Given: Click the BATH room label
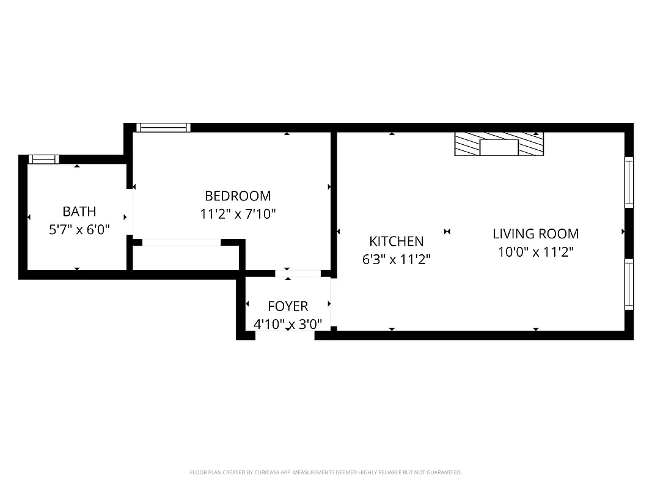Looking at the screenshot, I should [x=79, y=211].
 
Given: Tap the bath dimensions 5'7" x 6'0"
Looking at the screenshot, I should [x=79, y=230].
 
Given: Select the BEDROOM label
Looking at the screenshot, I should [x=238, y=196].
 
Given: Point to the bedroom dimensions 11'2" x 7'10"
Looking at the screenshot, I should [x=238, y=214].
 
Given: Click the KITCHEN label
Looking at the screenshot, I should [x=396, y=241].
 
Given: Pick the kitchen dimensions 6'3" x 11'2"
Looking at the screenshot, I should [x=397, y=259].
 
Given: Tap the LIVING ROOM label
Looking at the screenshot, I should [x=535, y=233].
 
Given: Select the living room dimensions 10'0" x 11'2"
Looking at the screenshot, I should [x=535, y=251].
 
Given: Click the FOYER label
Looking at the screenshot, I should [x=288, y=306].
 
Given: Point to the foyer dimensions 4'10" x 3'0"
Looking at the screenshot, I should [x=288, y=324].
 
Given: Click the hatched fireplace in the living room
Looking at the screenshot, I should [x=499, y=145].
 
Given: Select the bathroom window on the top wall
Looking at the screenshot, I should [x=43, y=160].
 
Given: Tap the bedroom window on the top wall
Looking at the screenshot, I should [x=163, y=128].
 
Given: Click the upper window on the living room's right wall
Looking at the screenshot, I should [x=628, y=182].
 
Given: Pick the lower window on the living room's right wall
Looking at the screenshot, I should [x=628, y=284].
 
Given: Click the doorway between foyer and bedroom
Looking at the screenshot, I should [x=297, y=273].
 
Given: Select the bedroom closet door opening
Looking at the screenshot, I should [x=181, y=243].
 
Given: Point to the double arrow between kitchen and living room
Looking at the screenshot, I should [x=447, y=232].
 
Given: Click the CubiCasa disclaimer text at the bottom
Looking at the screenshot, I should [x=326, y=472].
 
